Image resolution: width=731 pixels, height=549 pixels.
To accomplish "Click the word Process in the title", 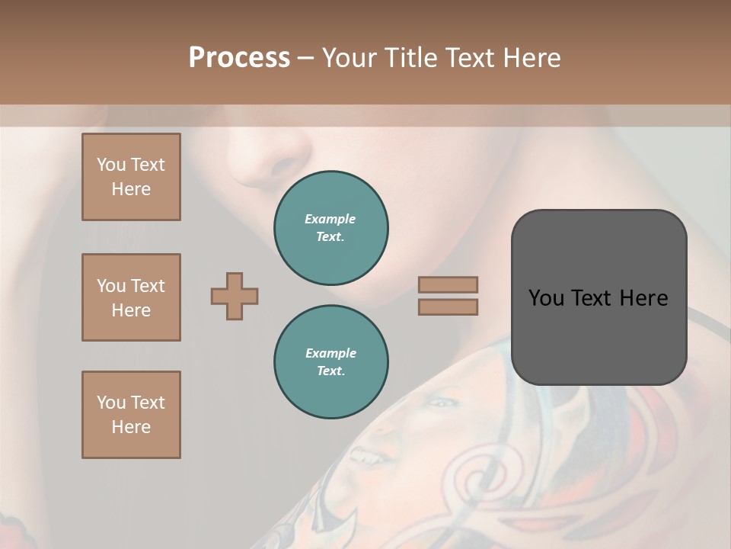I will pyautogui.click(x=239, y=58).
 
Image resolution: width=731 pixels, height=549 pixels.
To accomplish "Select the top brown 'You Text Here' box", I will pyautogui.click(x=131, y=177).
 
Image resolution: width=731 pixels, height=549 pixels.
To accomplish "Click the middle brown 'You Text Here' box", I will pyautogui.click(x=131, y=297).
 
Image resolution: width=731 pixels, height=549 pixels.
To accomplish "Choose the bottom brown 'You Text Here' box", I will pyautogui.click(x=131, y=415).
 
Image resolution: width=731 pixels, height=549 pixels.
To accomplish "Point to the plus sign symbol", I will pyautogui.click(x=235, y=296).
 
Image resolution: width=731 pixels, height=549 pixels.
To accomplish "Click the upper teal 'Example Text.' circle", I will pyautogui.click(x=330, y=227).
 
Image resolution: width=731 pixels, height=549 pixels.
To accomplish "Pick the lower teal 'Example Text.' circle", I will pyautogui.click(x=330, y=361).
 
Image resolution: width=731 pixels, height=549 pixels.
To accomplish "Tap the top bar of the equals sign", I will pyautogui.click(x=448, y=284).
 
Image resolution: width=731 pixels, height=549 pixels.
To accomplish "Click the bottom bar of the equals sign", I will pyautogui.click(x=448, y=307).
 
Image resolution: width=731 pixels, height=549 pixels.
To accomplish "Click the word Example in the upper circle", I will pyautogui.click(x=330, y=219).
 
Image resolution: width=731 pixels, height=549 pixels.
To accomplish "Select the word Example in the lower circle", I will pyautogui.click(x=330, y=353).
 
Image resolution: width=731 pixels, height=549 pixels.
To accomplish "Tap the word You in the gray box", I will pyautogui.click(x=547, y=297).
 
